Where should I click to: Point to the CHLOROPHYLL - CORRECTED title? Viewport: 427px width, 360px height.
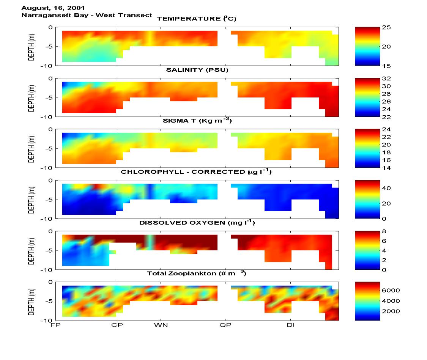(x=196, y=172)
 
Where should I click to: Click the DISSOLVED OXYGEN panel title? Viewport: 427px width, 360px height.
(x=197, y=223)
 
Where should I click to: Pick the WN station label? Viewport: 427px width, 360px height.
(x=161, y=325)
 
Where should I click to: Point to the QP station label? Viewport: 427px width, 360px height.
(x=226, y=325)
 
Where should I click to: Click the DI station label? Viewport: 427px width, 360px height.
(x=291, y=325)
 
